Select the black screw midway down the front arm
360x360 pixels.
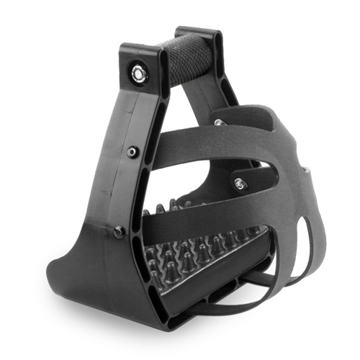132,152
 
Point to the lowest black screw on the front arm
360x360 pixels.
119,231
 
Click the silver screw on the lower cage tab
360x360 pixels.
239,184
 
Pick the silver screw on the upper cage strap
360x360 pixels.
219,123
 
